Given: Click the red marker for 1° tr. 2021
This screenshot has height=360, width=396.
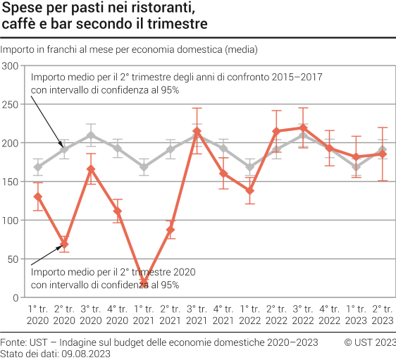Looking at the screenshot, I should [x=144, y=282].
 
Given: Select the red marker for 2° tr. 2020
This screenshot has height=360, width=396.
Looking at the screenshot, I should [x=64, y=244].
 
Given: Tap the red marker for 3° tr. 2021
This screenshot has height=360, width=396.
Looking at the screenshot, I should [x=197, y=132].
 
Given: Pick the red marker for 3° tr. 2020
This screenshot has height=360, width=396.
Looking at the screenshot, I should [x=91, y=169].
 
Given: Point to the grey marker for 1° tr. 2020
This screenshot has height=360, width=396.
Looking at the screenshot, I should [x=37, y=167].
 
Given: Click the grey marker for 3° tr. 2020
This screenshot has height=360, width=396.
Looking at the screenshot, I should [x=91, y=135].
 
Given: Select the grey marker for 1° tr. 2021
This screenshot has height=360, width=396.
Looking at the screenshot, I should [x=144, y=167].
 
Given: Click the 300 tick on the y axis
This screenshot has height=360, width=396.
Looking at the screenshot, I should [x=10, y=66].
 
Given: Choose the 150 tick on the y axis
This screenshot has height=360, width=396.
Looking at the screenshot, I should [x=10, y=182].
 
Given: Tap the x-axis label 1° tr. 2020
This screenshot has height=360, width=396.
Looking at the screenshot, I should [x=37, y=314].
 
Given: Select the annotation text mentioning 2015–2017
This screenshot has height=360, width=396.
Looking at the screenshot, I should [x=176, y=77].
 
